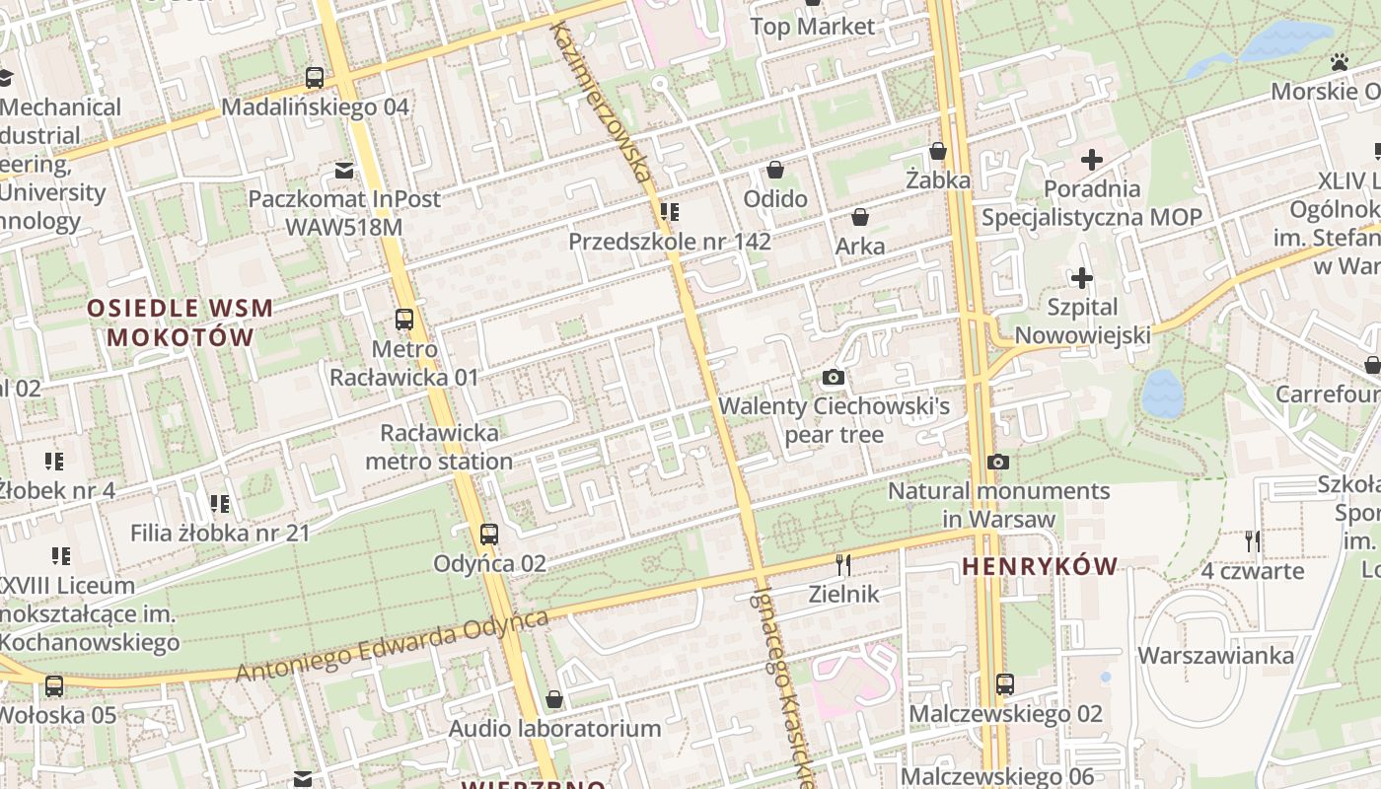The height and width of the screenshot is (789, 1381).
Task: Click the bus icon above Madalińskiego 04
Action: (x=315, y=77)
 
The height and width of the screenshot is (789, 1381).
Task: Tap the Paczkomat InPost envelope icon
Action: (x=343, y=171)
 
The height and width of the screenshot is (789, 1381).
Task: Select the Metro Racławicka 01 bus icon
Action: (x=403, y=320)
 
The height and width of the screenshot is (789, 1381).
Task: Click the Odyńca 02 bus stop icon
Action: (x=488, y=535)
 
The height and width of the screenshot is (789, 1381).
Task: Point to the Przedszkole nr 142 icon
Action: (x=670, y=212)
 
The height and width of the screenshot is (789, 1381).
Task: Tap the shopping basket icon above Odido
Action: (x=775, y=170)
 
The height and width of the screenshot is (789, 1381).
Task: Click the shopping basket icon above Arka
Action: (x=860, y=217)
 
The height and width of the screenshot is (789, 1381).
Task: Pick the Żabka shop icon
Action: (x=938, y=151)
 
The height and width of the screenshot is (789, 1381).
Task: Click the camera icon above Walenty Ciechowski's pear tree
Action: (x=834, y=377)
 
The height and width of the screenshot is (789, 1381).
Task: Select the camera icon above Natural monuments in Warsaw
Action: (x=998, y=462)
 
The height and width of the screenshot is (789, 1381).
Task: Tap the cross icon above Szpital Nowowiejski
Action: (x=1082, y=278)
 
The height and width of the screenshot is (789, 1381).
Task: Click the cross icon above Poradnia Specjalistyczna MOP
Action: (x=1092, y=159)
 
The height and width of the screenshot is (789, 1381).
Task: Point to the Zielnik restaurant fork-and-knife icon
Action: (x=843, y=564)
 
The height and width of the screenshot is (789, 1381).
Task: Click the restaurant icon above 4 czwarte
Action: (x=1252, y=540)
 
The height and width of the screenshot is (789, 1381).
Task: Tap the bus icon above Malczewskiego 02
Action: (x=1005, y=683)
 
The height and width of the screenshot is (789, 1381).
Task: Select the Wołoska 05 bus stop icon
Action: (x=54, y=685)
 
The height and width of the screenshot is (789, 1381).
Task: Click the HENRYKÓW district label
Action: (x=1040, y=566)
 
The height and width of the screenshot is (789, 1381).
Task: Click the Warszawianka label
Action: (x=1215, y=656)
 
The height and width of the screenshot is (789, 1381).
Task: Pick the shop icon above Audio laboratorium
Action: (x=554, y=699)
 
